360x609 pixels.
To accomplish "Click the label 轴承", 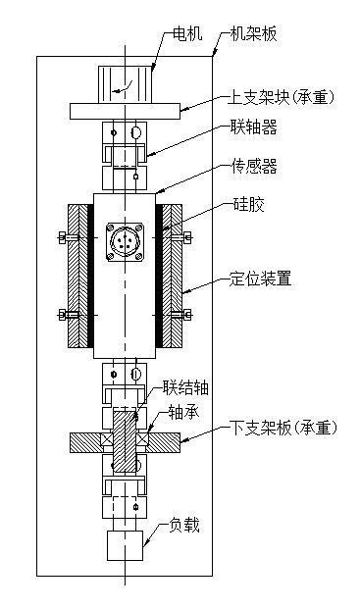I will point(184,412).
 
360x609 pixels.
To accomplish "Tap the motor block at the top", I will point(126,81).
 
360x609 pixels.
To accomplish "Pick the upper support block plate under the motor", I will point(126,109).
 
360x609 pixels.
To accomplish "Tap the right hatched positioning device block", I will point(176,277).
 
